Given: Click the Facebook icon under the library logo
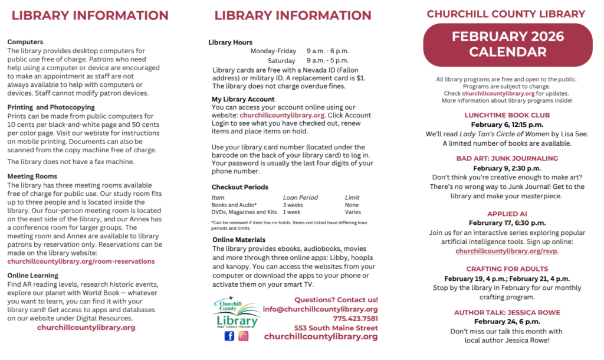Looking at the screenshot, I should pos(229,336).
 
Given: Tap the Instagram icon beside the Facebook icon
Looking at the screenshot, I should pos(244,336).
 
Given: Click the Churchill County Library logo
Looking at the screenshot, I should pos(236,312).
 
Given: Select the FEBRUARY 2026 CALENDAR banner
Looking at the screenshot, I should pos(508,44).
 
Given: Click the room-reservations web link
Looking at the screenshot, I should pos(81,261).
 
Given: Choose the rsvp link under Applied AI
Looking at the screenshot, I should pos(507,251).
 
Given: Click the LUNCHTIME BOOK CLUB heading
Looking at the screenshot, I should pos(507,115).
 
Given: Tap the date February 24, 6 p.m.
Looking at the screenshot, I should pos(507,322).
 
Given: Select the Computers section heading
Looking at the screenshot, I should pos(25,42).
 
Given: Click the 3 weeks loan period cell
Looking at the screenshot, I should pos(293,205).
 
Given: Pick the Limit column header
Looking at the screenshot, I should pos(352,198).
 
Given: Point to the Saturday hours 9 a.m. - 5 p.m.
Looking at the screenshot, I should pos(328,61).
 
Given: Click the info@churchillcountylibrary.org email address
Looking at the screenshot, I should pos(320,309).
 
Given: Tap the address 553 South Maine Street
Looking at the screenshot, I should pos(336,328).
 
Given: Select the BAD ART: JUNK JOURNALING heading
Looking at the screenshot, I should pos(507,158).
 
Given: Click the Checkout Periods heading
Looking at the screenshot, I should pos(239,187).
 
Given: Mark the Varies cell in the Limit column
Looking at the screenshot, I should pos(353,212).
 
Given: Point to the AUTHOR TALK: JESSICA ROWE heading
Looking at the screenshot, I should pos(507,312).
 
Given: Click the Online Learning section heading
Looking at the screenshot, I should pos(33,275).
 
